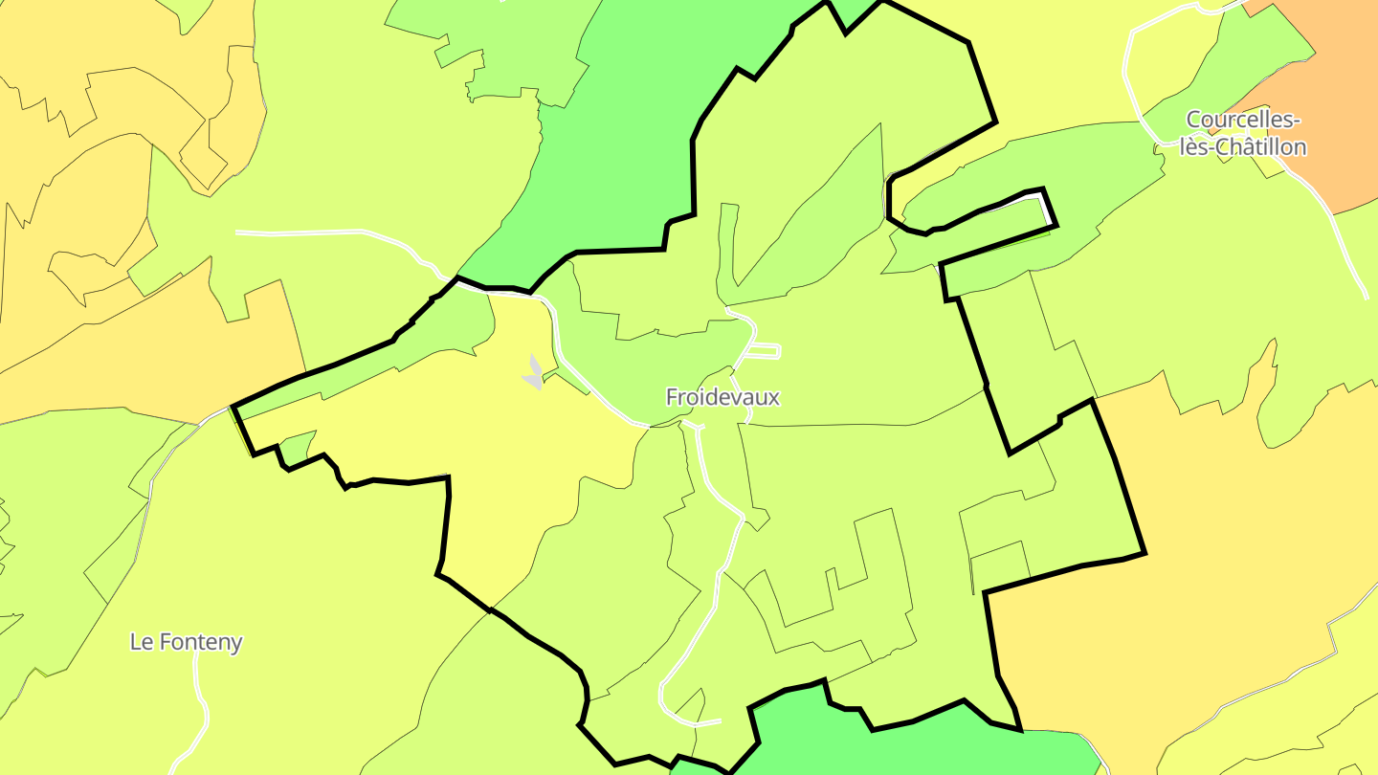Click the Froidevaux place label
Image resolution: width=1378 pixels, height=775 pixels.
point(722,397)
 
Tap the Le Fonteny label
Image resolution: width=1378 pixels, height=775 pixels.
point(186,642)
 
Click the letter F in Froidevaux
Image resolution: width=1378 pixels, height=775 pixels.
point(673,397)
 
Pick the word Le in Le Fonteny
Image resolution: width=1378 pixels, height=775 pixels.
point(141,642)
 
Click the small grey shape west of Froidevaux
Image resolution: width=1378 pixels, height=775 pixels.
point(533,373)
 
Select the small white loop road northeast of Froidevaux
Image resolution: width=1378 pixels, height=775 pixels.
point(764,351)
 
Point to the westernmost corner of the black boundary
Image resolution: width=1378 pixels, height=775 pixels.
point(234,408)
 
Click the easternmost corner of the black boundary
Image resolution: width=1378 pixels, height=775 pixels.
point(1144,552)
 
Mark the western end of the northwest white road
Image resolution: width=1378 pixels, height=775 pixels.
point(237,232)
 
